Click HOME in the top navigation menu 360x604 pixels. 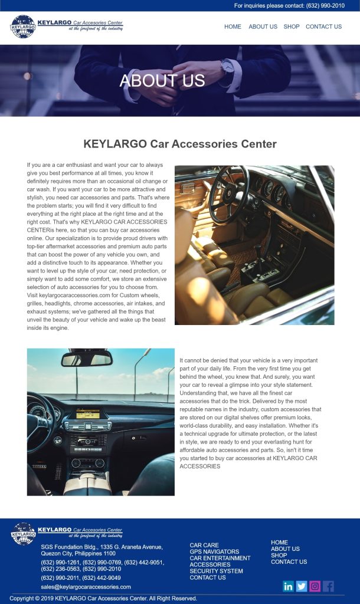point(233,27)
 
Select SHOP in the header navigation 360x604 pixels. point(291,27)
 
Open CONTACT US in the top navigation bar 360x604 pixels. point(323,27)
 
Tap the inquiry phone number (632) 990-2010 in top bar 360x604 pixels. point(325,5)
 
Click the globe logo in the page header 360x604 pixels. point(23,27)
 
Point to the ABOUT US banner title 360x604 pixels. point(162,80)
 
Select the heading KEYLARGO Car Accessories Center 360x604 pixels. point(180,144)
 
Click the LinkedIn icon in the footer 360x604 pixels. point(288,586)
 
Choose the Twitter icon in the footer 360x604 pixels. point(302,586)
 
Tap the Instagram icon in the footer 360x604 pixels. point(315,586)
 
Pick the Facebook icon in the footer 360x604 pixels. point(329,586)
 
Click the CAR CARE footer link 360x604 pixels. point(204,546)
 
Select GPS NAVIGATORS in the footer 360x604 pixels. point(214,552)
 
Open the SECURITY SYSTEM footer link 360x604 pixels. point(216,571)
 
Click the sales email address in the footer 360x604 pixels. point(86,587)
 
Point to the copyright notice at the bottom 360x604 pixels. point(103,598)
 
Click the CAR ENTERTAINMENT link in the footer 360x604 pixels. point(220,558)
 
